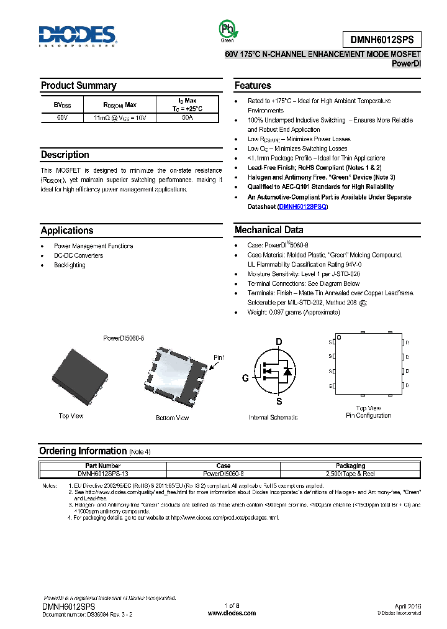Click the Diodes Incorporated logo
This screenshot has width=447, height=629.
tap(77, 36)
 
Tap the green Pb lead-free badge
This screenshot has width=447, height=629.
tap(227, 29)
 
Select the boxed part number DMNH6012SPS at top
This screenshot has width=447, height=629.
tap(381, 39)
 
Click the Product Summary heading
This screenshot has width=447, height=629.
tap(78, 86)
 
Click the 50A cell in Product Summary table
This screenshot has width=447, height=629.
tap(187, 117)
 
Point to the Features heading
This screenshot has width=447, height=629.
tap(253, 86)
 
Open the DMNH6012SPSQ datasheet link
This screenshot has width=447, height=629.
tap(302, 206)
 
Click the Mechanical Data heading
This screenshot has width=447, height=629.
tap(269, 230)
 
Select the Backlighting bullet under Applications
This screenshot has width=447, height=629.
tap(70, 265)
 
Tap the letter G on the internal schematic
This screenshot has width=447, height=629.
tap(245, 378)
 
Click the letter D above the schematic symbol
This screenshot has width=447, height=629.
tap(279, 342)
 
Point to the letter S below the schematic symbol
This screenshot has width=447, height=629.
tap(279, 402)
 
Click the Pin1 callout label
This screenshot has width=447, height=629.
tap(219, 357)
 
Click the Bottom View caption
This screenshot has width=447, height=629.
tap(172, 418)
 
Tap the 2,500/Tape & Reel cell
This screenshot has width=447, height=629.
tap(351, 473)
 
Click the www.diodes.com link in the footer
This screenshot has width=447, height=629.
tap(232, 613)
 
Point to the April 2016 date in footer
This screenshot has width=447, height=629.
tap(408, 605)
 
